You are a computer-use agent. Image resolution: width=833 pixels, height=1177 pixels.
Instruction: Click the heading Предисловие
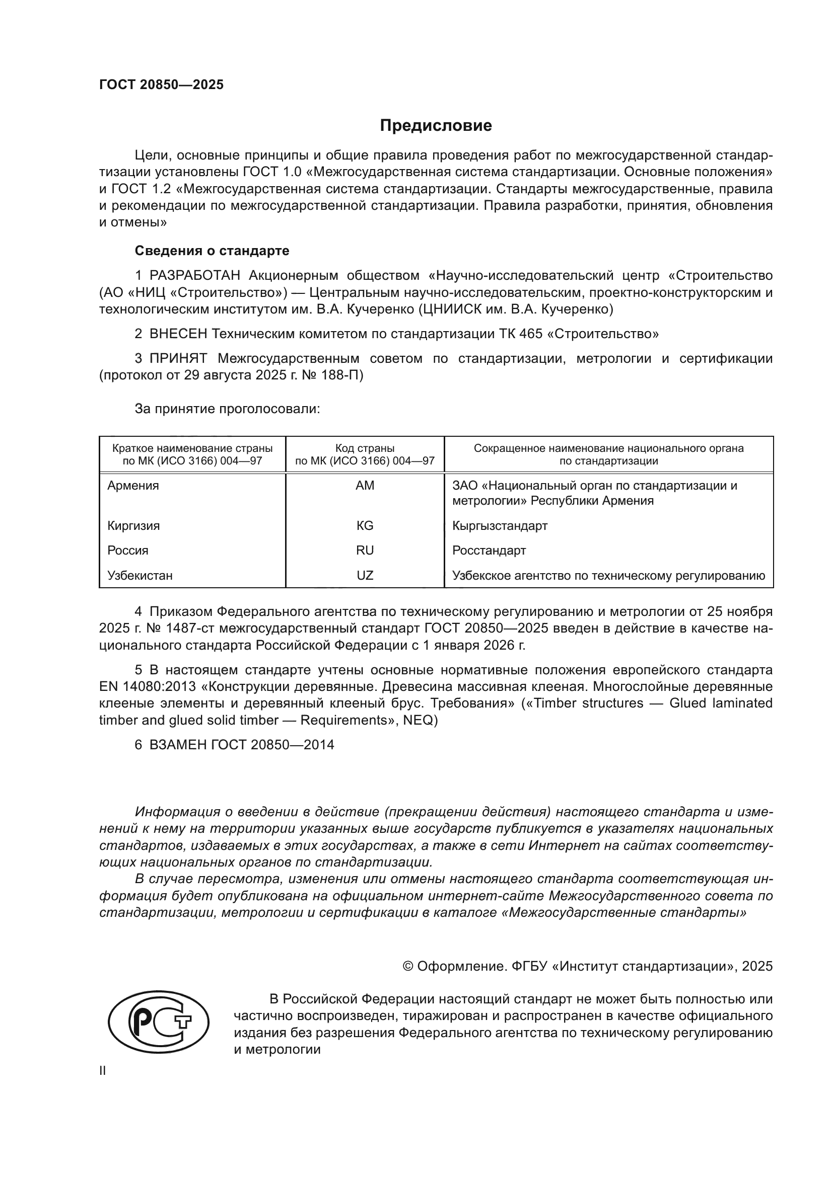coord(436,126)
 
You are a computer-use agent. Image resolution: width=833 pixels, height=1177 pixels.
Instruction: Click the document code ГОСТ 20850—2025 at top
coord(162,85)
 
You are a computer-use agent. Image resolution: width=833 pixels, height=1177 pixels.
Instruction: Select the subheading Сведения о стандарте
coord(212,251)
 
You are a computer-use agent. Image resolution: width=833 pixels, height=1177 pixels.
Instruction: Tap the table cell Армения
coord(133,486)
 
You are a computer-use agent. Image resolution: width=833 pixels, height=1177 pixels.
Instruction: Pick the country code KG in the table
coord(365,525)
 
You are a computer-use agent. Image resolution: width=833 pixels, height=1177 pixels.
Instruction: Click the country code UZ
coord(365,575)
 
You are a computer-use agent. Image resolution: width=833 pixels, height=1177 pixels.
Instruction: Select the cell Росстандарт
coord(489,551)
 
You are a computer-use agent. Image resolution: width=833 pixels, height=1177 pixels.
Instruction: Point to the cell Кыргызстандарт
coord(500,525)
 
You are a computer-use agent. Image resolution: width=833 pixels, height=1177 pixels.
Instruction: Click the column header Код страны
coord(365,448)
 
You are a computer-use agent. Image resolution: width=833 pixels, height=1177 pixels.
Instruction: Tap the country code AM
coord(365,486)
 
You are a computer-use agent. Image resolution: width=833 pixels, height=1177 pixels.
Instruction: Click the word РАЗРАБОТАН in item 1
coord(195,276)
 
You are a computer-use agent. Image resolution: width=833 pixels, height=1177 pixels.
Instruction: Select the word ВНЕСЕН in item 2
coord(178,334)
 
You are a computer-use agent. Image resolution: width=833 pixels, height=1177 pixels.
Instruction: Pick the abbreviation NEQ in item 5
coord(418,720)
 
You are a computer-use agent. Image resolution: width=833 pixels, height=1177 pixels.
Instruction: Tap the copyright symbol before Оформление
coord(408,966)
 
